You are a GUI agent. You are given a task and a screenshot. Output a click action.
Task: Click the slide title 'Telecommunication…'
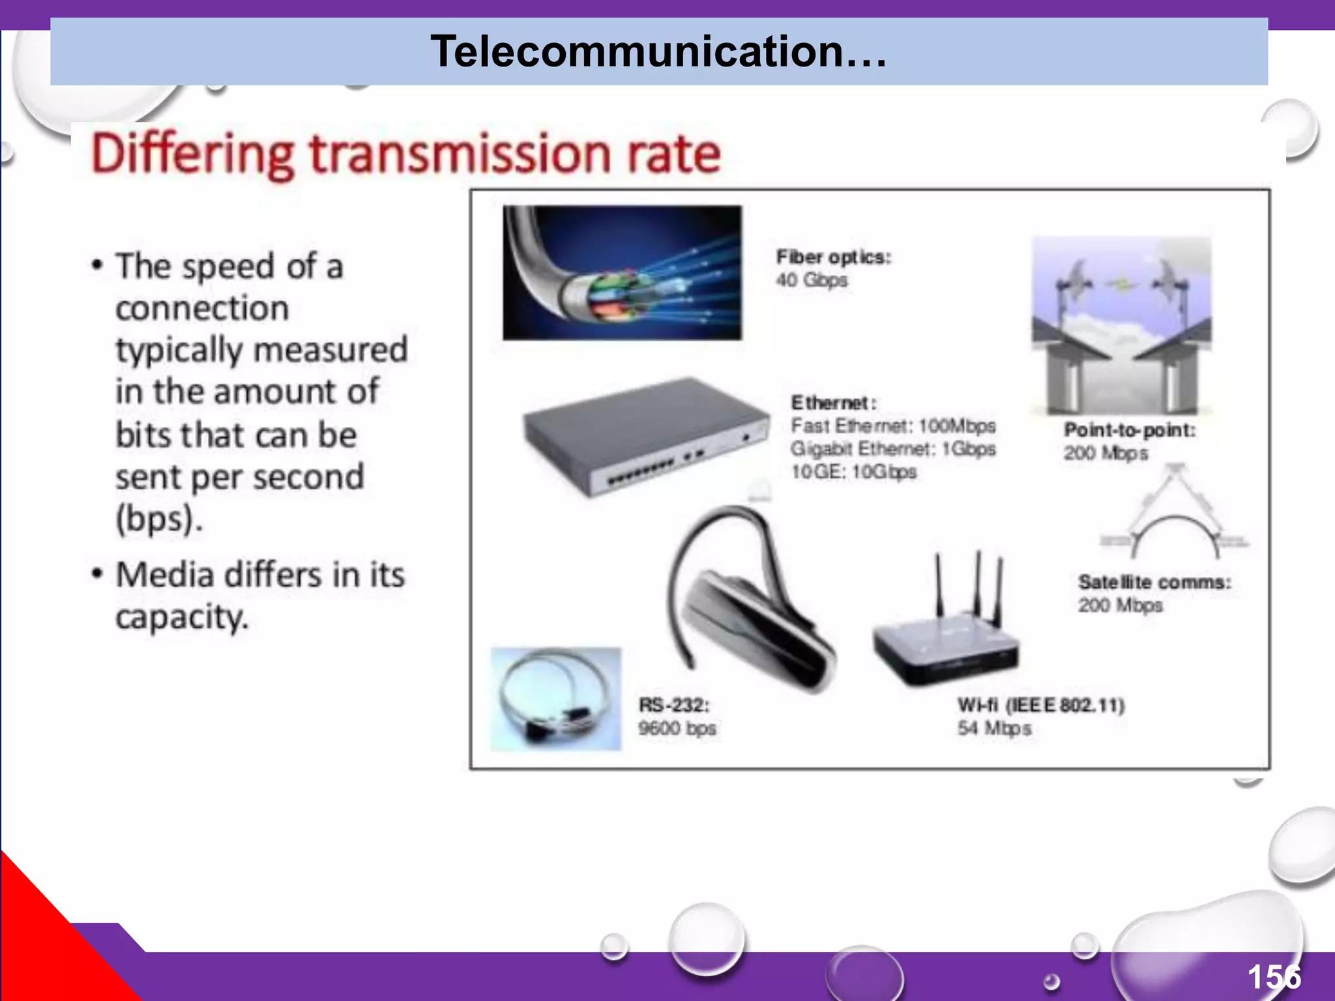coord(658,51)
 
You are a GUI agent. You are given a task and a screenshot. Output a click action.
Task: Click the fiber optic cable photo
coord(622,272)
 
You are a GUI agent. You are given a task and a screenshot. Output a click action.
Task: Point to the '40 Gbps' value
coord(812,280)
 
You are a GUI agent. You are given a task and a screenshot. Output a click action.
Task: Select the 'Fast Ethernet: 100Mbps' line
coord(893,426)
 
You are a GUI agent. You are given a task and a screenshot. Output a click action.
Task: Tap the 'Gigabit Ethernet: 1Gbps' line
coord(893,449)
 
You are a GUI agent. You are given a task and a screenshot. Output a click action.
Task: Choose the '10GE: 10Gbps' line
coord(853,472)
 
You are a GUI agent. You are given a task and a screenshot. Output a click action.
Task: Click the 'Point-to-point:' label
coord(1130,430)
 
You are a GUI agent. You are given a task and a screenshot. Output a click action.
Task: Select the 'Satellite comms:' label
coord(1154,582)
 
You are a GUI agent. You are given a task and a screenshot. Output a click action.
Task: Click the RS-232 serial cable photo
coord(556,699)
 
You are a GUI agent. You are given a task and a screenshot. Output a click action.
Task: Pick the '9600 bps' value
coord(677,729)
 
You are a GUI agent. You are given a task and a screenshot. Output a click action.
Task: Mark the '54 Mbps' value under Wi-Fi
coord(994,729)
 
